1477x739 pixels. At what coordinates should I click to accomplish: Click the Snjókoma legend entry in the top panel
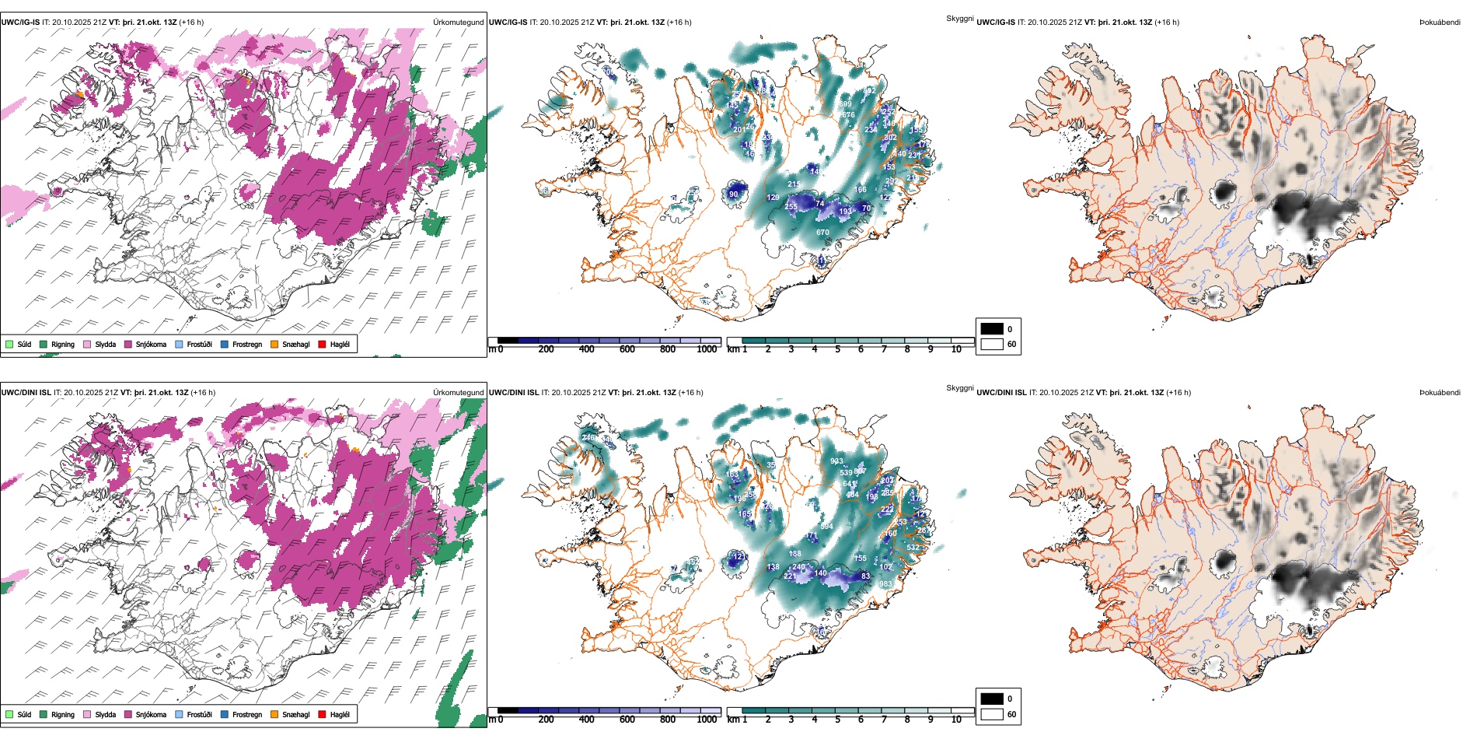(151, 344)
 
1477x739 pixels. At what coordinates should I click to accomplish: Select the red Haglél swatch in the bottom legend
(323, 714)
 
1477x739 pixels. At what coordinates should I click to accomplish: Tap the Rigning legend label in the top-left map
(63, 344)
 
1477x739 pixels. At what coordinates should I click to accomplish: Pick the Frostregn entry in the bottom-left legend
(246, 714)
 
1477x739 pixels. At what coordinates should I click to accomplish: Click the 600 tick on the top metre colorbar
(627, 349)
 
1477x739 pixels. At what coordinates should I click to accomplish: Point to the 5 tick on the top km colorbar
(838, 349)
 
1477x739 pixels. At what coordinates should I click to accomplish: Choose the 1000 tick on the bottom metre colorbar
(707, 720)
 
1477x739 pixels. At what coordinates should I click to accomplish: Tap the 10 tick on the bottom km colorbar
(956, 720)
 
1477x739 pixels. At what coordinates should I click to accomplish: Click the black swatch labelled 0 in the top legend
(992, 329)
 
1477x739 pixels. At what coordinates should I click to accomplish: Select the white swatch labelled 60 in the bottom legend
(992, 714)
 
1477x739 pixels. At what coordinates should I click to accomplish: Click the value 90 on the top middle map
(734, 194)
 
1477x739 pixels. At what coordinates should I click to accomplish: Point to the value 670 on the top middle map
(822, 233)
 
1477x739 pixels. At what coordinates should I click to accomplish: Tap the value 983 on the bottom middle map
(885, 584)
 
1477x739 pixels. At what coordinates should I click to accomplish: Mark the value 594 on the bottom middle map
(826, 527)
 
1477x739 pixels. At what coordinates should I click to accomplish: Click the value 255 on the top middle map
(791, 206)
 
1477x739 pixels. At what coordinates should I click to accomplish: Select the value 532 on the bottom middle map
(913, 548)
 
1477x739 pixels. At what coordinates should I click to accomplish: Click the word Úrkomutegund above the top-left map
(458, 23)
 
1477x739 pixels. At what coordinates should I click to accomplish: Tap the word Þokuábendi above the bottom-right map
(1440, 393)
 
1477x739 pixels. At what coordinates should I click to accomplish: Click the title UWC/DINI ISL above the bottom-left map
(26, 393)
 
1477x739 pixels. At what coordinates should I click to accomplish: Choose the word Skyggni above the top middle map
(959, 19)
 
